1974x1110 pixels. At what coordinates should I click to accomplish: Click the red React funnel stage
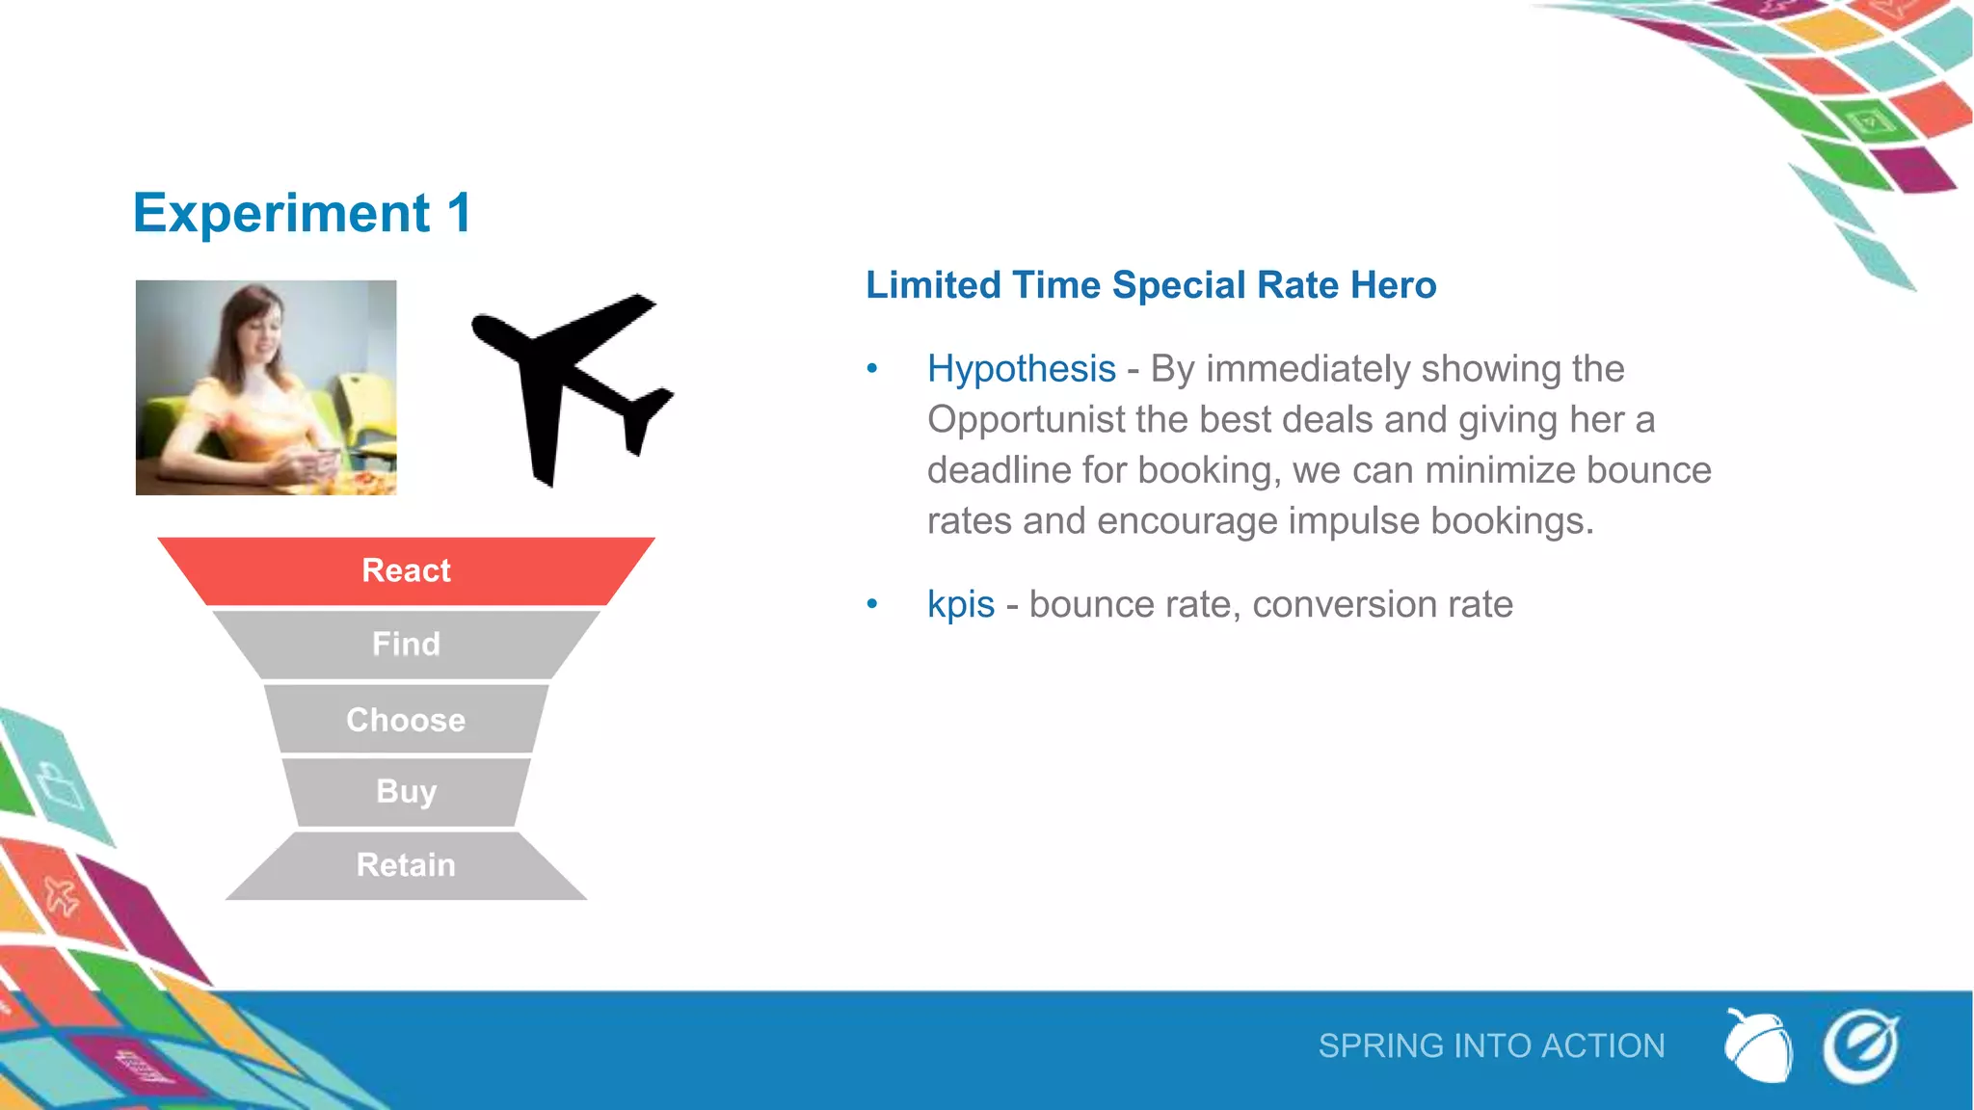[x=406, y=570]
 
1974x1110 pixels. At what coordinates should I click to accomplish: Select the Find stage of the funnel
[x=406, y=644]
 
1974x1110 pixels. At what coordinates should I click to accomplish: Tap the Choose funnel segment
[x=406, y=720]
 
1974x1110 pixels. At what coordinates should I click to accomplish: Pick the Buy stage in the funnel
[x=406, y=791]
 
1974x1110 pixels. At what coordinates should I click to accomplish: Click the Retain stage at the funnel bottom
[x=406, y=865]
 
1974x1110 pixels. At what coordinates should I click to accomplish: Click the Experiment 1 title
[x=302, y=213]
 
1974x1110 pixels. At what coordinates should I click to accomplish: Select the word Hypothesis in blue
[x=1021, y=369]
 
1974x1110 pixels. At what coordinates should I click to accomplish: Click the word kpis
[x=960, y=605]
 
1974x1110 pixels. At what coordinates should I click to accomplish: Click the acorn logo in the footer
[x=1758, y=1046]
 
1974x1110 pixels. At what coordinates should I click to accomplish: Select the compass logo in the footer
[x=1860, y=1046]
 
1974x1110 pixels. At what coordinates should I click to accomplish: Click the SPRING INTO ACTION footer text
[x=1491, y=1046]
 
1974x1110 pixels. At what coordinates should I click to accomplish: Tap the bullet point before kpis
[x=872, y=605]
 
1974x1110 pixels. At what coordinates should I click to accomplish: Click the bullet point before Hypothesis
[x=872, y=369]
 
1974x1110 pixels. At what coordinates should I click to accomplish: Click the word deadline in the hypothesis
[x=1001, y=471]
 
